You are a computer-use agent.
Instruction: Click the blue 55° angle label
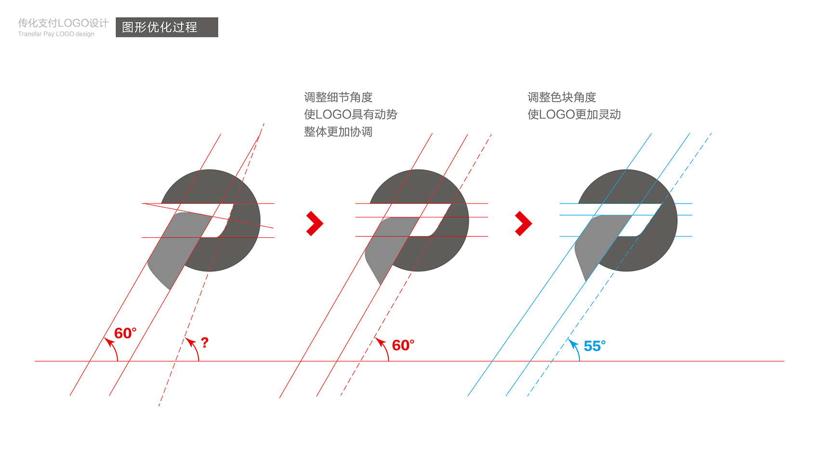(x=594, y=346)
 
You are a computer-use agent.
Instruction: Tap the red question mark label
(x=205, y=342)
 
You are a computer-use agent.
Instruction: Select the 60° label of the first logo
(x=125, y=333)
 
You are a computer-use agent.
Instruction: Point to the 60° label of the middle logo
(x=403, y=345)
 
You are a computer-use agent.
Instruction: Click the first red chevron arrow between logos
(x=315, y=224)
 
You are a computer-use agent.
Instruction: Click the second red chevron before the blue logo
(x=523, y=224)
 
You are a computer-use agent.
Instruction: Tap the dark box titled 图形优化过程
(x=167, y=27)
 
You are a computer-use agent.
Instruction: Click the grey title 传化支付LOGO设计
(x=63, y=23)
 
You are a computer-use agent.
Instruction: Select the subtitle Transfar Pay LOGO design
(x=56, y=34)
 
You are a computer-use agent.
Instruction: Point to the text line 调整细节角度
(x=338, y=97)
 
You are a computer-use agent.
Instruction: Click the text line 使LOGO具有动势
(x=351, y=114)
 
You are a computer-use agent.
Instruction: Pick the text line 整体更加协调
(x=338, y=132)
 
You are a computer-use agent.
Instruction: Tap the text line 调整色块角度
(x=562, y=97)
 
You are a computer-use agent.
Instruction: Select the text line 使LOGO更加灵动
(x=574, y=114)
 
